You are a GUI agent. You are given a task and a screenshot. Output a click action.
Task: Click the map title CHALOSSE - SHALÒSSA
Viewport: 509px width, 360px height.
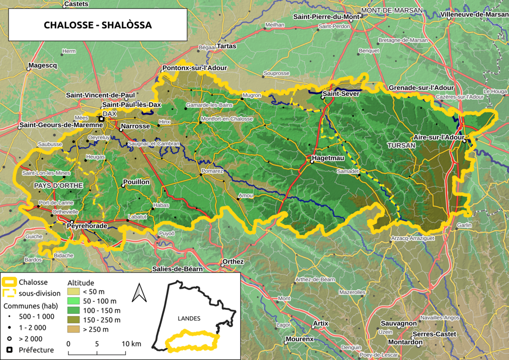click(x=97, y=25)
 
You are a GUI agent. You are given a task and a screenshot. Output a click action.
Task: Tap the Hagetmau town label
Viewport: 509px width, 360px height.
click(x=329, y=158)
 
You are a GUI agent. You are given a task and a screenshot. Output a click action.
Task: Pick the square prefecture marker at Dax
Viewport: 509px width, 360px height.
click(x=101, y=119)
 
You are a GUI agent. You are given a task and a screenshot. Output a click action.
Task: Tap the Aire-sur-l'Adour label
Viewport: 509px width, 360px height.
click(x=438, y=137)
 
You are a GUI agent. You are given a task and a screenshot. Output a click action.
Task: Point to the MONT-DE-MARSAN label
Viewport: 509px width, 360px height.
click(x=392, y=10)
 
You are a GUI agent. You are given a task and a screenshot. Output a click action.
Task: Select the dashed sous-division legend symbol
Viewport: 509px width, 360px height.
click(x=9, y=293)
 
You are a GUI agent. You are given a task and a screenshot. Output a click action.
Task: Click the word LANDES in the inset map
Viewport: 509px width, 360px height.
click(x=188, y=318)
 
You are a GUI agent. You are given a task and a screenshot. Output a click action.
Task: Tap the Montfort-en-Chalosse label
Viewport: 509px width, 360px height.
click(x=227, y=119)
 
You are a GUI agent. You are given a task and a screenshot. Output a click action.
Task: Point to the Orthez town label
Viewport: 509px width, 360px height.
click(x=233, y=262)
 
